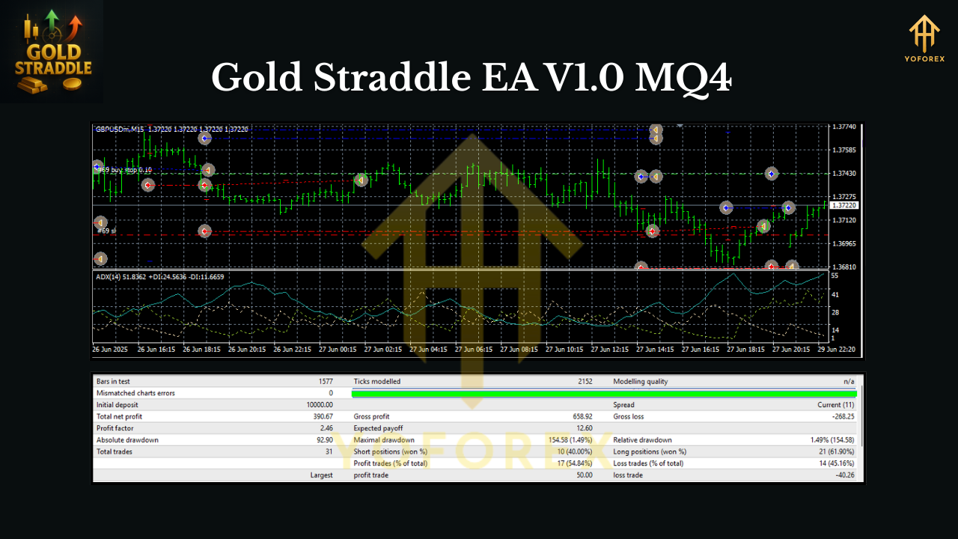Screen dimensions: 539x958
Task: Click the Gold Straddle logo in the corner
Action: coord(52,52)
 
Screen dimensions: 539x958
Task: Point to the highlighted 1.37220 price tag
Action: coord(843,205)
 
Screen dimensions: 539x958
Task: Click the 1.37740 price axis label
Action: coord(844,127)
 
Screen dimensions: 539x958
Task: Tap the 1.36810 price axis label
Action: coord(844,267)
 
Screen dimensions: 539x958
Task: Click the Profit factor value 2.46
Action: coord(325,428)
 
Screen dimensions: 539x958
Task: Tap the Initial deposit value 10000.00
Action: coord(317,405)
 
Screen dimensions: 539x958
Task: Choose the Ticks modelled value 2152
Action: coord(584,381)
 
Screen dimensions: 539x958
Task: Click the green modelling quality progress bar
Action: coord(603,393)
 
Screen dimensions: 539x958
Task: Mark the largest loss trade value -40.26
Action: coord(843,475)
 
